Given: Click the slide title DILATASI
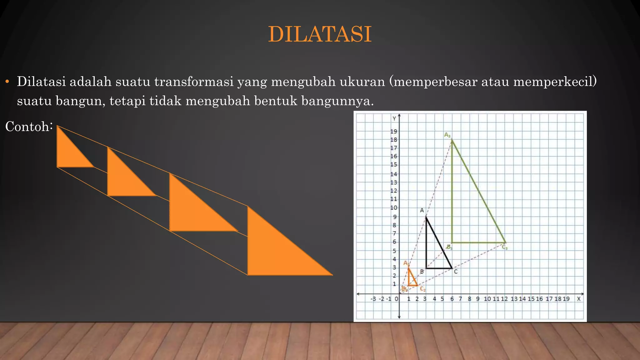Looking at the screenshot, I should click(320, 34).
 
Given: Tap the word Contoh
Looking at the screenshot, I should click(27, 127).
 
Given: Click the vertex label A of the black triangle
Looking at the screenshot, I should click(422, 210).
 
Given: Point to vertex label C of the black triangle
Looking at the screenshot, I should click(456, 272).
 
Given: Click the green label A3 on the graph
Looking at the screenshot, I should click(447, 135).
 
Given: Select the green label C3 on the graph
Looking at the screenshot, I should click(505, 247).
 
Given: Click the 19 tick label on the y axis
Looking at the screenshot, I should click(393, 131).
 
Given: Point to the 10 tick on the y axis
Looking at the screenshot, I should click(393, 208).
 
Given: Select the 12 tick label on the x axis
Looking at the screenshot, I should click(504, 299).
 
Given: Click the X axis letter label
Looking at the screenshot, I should click(579, 299).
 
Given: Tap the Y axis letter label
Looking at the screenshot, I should click(394, 118).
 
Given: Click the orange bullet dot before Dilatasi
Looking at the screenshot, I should click(7, 82).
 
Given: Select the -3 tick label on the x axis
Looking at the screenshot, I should click(373, 299).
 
